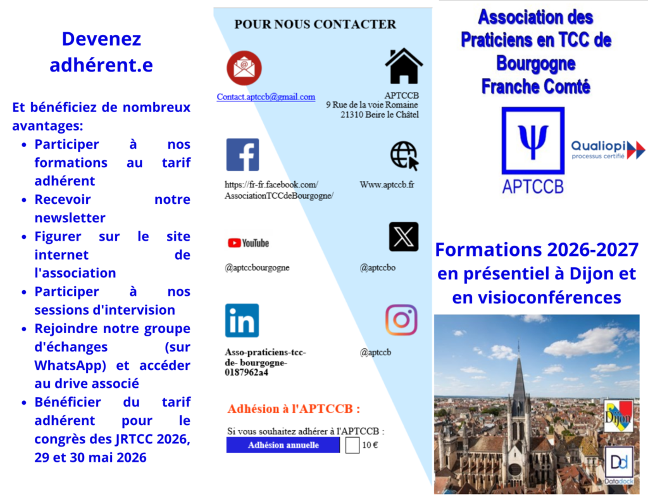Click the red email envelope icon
pyautogui.click(x=244, y=68)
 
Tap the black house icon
pyautogui.click(x=404, y=66)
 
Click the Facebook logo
pyautogui.click(x=242, y=155)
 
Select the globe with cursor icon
pyautogui.click(x=404, y=155)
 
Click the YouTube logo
pyautogui.click(x=248, y=243)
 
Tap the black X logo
pyautogui.click(x=403, y=237)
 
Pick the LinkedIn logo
pyautogui.click(x=242, y=320)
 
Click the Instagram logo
pyautogui.click(x=401, y=320)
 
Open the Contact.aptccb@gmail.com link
pyautogui.click(x=266, y=97)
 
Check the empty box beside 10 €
pyautogui.click(x=352, y=445)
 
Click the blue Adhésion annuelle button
pyautogui.click(x=283, y=445)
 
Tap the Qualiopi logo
pyautogui.click(x=607, y=149)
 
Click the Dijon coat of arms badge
pyautogui.click(x=618, y=415)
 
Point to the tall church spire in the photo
pyautogui.click(x=519, y=380)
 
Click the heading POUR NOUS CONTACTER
pyautogui.click(x=315, y=25)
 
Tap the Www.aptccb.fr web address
pyautogui.click(x=387, y=185)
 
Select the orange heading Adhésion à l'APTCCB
pyautogui.click(x=294, y=409)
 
